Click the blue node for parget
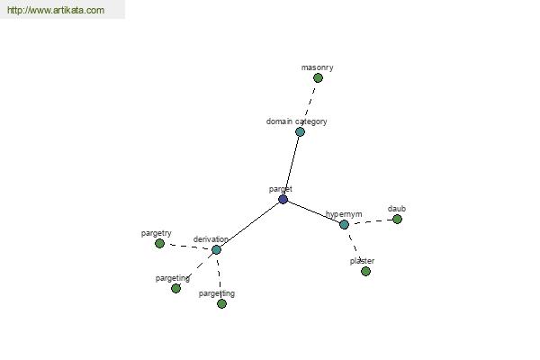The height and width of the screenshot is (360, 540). tap(283, 199)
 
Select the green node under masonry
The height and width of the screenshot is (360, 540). tap(318, 78)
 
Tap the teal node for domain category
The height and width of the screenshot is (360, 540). tap(300, 131)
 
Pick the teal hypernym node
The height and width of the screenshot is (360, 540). tap(344, 225)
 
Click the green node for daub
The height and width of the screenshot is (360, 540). tap(397, 219)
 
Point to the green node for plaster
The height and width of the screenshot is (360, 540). tap(365, 272)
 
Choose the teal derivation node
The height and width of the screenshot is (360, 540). tap(216, 250)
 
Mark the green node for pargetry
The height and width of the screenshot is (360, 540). tap(159, 244)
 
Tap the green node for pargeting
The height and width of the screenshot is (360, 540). tap(175, 288)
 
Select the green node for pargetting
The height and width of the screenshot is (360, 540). tap(221, 303)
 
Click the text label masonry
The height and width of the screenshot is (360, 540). tap(317, 67)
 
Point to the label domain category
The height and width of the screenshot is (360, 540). tap(296, 121)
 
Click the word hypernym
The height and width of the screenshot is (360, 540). tap(344, 214)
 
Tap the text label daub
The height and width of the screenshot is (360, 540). tap(397, 209)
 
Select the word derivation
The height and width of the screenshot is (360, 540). tap(211, 239)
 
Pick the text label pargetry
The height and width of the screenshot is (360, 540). tap(156, 233)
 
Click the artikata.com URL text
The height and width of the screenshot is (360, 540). tap(56, 10)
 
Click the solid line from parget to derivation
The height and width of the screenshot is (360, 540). tap(249, 224)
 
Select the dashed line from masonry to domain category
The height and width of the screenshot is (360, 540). tap(310, 103)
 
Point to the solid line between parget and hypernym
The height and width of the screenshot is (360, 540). tap(313, 211)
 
